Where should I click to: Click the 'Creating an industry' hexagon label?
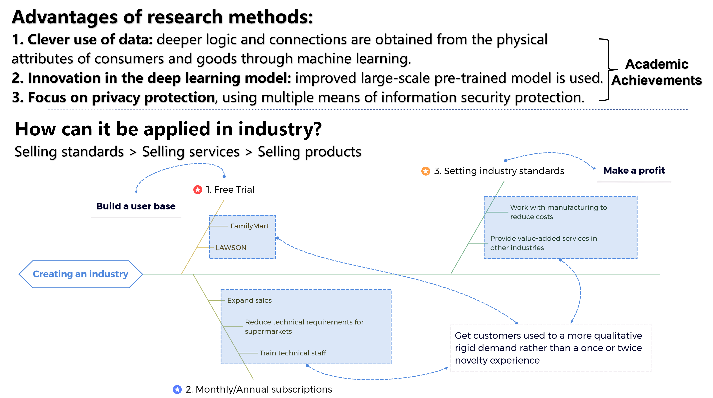coord(80,274)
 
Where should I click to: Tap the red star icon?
coord(198,190)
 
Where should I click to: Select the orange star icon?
coord(426,171)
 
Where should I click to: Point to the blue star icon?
coord(177,389)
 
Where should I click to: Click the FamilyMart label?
coord(249,226)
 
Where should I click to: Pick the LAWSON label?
coord(231,248)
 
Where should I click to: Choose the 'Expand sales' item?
coord(249,300)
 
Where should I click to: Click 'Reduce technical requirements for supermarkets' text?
coord(304,327)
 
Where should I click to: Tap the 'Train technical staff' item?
coord(293,353)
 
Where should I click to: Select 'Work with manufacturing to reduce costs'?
coord(558,212)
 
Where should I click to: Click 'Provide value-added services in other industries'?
coord(543,243)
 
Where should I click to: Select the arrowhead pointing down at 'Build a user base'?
coord(136,192)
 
